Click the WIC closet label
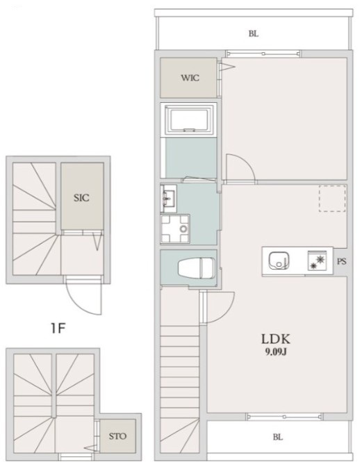point(190,78)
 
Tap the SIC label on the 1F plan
point(82,198)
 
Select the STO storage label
point(117,436)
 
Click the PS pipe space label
point(341,261)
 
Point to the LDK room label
point(276,339)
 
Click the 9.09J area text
point(276,352)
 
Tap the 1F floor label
point(58,328)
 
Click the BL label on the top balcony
point(254,34)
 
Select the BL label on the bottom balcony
point(278,437)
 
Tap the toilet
point(197,267)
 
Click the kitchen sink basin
point(279,261)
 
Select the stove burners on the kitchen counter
point(317,261)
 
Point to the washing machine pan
point(175,229)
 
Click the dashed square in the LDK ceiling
point(332,199)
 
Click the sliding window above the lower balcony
point(285,417)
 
